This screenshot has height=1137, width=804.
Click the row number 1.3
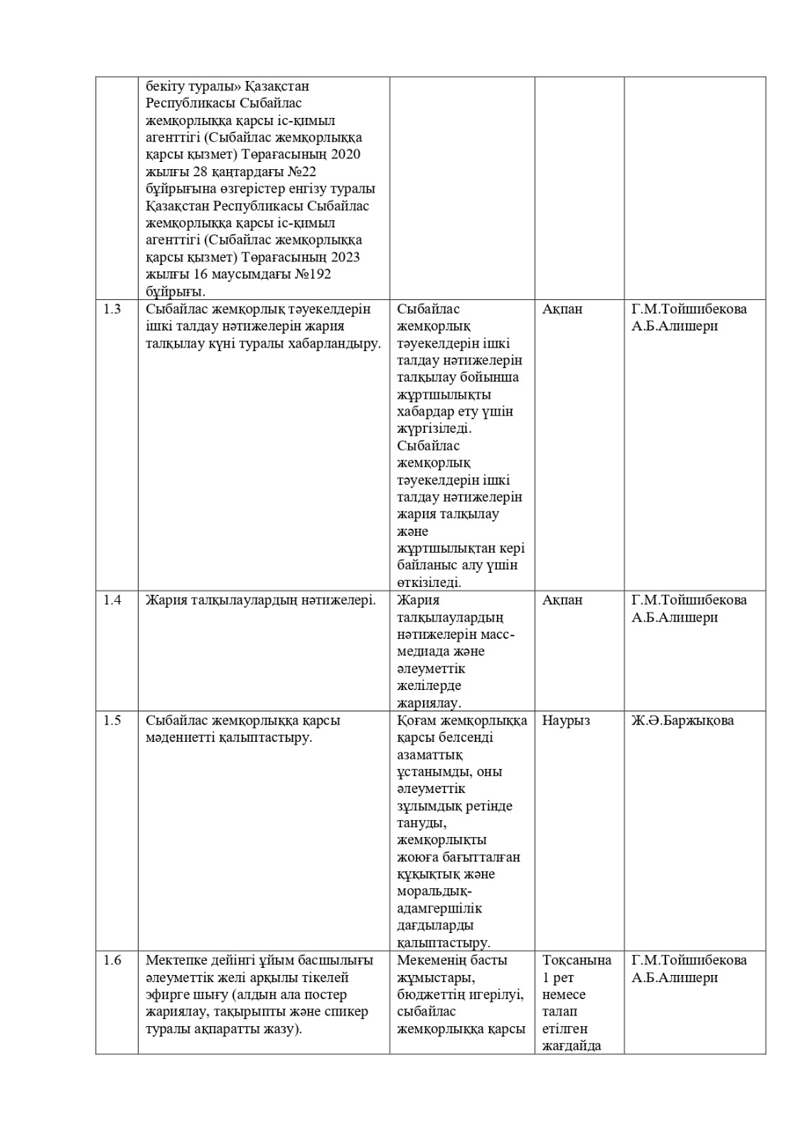pos(112,309)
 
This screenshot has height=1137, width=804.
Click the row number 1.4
pos(112,600)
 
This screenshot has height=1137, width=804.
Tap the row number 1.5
pos(112,721)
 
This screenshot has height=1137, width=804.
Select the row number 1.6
pos(112,961)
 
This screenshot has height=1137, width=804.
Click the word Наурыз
pos(566,721)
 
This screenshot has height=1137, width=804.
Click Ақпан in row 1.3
pos(562,309)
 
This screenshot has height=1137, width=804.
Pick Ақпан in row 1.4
pos(562,600)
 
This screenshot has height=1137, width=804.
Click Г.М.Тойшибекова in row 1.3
pos(689,309)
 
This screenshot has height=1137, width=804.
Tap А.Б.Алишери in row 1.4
pos(675,617)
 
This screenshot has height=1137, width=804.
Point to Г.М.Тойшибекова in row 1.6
pos(689,961)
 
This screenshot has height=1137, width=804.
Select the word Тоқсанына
pos(577,961)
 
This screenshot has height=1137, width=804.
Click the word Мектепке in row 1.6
pos(173,961)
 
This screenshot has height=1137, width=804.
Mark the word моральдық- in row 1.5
pos(434,892)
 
